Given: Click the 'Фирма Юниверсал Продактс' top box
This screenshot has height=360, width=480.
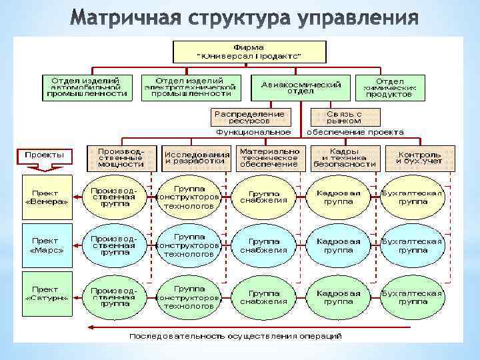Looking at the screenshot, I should (x=249, y=51).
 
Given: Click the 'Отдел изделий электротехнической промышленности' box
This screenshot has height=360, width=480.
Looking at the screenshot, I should (x=189, y=87).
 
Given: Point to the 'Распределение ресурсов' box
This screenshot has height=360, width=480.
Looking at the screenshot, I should (x=251, y=117).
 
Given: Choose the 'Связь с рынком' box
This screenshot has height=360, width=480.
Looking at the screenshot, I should (x=344, y=117).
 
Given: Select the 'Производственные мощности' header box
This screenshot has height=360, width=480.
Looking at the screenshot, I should (x=121, y=158).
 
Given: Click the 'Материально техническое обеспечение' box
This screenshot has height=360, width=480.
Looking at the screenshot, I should (x=269, y=158).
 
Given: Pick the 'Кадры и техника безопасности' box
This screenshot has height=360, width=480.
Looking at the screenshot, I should (x=344, y=158).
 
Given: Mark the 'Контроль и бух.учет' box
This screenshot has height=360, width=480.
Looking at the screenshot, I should (x=419, y=158).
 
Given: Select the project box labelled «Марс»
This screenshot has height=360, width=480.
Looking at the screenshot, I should (x=47, y=245).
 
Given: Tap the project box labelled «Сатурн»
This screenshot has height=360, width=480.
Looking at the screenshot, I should (x=47, y=294).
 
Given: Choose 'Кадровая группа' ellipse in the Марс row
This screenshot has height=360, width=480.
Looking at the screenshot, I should (x=339, y=245).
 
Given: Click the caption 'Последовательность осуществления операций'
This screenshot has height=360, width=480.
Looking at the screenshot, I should (x=235, y=335).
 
